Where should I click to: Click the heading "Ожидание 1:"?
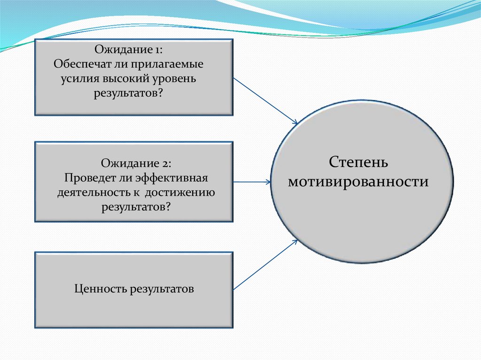tap(129, 49)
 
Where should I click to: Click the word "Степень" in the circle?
tap(358, 162)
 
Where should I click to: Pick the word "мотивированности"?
tap(358, 182)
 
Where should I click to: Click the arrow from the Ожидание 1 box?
tap(265, 100)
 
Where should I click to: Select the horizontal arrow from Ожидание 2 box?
tap(252, 182)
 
